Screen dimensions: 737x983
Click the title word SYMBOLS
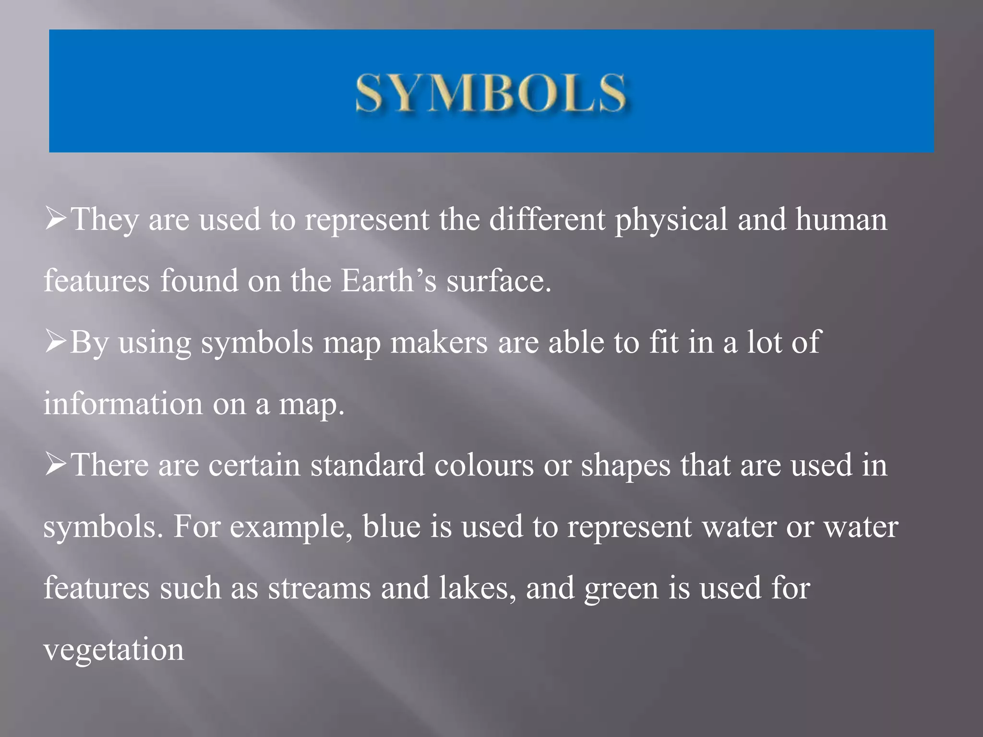491,93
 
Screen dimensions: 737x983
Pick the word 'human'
841,220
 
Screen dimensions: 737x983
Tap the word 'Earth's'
388,281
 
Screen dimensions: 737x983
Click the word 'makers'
439,343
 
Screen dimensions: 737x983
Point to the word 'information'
123,404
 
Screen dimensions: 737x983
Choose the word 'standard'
367,465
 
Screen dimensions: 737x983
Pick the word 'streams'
319,588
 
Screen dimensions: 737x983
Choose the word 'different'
547,220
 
